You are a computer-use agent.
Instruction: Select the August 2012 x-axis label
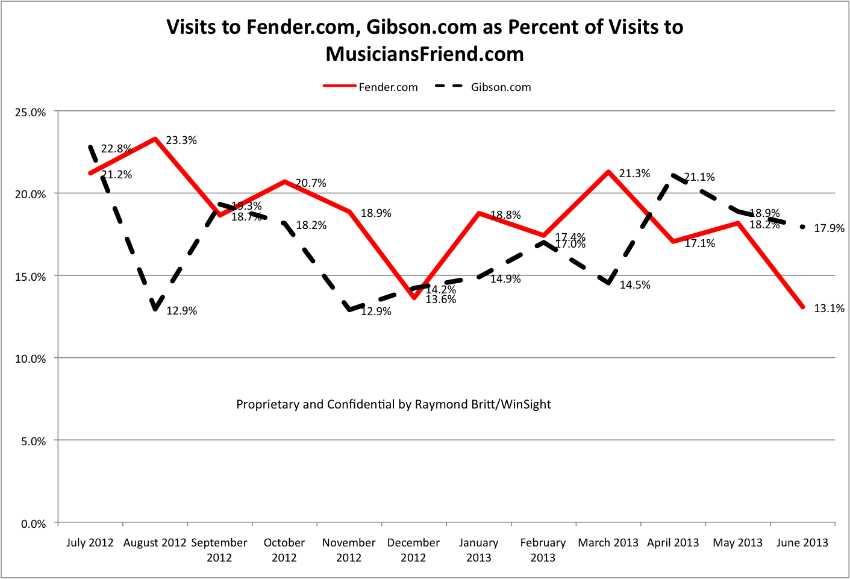click(155, 543)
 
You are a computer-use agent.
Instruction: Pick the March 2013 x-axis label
click(608, 543)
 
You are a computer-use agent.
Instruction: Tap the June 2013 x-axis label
click(802, 543)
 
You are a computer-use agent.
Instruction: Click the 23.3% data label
click(181, 140)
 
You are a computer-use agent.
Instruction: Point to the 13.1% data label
click(829, 308)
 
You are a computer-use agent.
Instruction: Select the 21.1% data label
click(699, 177)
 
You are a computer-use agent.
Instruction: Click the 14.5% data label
click(635, 285)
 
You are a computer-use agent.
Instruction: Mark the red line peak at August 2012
click(155, 139)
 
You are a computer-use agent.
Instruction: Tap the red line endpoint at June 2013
click(802, 307)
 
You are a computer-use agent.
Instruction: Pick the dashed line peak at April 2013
click(673, 175)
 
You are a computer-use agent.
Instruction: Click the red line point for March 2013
click(608, 172)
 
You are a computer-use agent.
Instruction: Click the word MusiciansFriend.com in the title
click(425, 54)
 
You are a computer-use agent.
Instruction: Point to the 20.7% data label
click(311, 183)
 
